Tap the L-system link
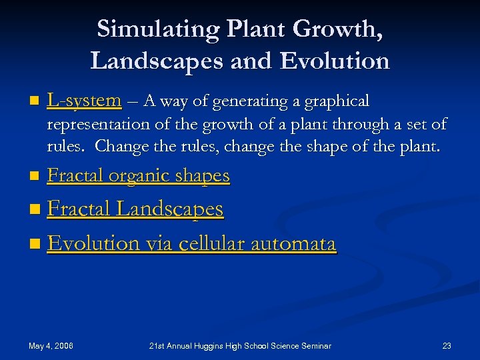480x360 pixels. click(x=84, y=101)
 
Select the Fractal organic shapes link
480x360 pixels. click(x=139, y=175)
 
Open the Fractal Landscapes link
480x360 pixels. click(x=135, y=209)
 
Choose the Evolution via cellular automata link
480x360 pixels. click(x=192, y=243)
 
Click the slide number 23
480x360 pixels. click(x=447, y=345)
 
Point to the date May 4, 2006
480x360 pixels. click(x=51, y=345)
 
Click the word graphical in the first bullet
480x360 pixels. click(x=337, y=101)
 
